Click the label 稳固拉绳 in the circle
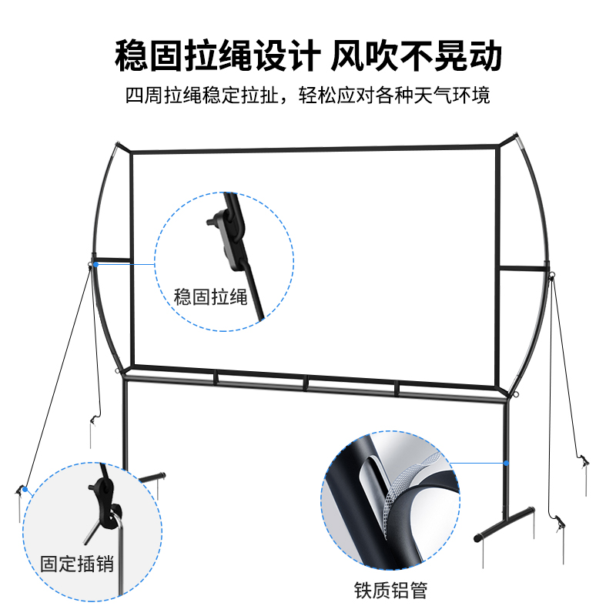click(210, 296)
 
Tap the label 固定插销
click(77, 564)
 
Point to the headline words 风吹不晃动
click(417, 56)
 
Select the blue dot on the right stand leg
click(507, 463)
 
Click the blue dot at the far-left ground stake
click(25, 487)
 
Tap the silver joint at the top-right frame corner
click(520, 143)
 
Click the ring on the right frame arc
click(551, 276)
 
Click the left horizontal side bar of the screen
click(112, 259)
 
